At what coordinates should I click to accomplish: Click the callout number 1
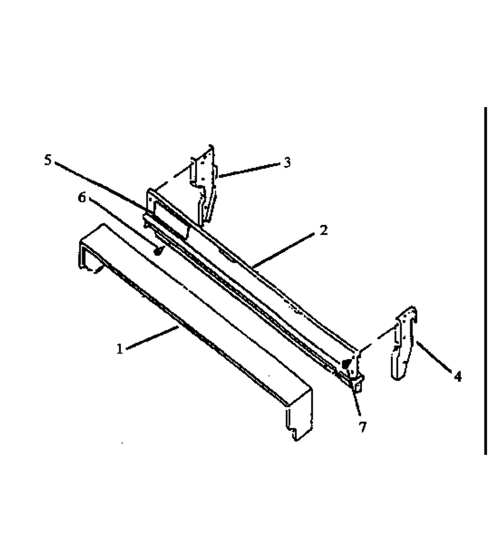[119, 348]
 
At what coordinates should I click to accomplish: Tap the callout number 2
[323, 230]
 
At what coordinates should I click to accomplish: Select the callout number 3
[287, 162]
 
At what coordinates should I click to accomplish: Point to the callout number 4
[458, 376]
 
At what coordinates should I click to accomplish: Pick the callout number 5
[48, 160]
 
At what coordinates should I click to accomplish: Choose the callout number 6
[82, 197]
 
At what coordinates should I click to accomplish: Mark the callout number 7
[362, 427]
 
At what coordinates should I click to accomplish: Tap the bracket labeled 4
[403, 343]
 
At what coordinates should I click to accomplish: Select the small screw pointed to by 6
[158, 251]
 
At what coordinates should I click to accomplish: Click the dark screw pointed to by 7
[346, 363]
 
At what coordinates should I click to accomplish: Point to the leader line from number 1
[153, 338]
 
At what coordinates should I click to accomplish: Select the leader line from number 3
[249, 170]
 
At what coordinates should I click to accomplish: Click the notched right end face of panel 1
[299, 415]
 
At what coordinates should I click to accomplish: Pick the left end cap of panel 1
[88, 249]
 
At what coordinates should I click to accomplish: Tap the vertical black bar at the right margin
[485, 280]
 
